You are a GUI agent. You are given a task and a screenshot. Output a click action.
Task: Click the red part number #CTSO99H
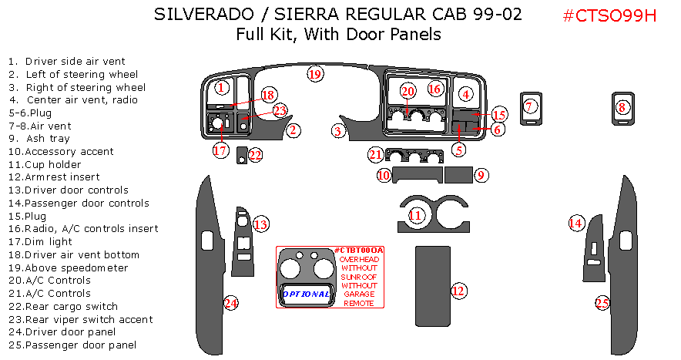click(609, 15)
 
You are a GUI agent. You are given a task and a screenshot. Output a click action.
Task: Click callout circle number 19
click(314, 74)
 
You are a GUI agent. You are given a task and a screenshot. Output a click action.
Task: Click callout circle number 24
click(230, 303)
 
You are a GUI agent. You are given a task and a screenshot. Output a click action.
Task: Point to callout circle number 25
click(602, 303)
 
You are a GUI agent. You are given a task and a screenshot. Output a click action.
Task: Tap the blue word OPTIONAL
click(306, 294)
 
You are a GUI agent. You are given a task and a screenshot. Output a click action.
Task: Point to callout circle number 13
click(261, 224)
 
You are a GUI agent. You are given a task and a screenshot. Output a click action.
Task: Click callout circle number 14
click(576, 224)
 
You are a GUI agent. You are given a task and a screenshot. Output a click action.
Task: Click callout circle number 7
click(529, 107)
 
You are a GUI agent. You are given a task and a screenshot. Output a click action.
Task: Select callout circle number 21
click(375, 154)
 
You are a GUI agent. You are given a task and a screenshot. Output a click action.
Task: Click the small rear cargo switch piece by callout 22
click(241, 155)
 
